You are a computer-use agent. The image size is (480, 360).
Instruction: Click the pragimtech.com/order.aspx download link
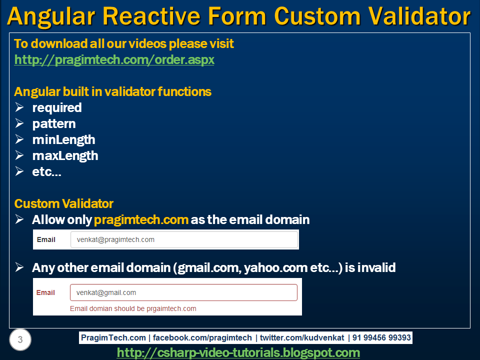(x=114, y=59)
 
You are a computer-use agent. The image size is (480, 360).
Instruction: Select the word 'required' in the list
(x=57, y=108)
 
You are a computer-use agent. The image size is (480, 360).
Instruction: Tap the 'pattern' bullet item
(x=54, y=124)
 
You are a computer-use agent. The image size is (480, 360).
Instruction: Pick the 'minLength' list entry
(x=63, y=140)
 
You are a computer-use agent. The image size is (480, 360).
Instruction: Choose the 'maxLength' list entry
(x=65, y=156)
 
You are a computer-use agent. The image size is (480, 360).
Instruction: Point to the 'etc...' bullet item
(x=47, y=171)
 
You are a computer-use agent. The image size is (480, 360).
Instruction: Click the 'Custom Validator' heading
(x=63, y=203)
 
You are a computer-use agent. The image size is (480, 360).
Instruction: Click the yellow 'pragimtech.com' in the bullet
(x=141, y=220)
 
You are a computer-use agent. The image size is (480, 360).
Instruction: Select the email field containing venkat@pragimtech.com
(x=184, y=239)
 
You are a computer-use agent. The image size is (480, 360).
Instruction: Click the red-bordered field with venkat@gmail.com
(x=183, y=292)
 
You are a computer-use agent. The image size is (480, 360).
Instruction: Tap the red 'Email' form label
(x=45, y=292)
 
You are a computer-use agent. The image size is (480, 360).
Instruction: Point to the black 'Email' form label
(x=46, y=239)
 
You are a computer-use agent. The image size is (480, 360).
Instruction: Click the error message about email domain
(x=133, y=308)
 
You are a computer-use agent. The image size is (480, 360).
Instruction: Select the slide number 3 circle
(x=20, y=339)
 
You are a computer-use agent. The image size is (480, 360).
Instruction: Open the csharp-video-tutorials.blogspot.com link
(x=238, y=352)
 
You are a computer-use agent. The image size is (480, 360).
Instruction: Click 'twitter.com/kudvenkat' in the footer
(x=302, y=337)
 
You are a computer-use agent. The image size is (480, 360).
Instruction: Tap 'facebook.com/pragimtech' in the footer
(x=202, y=337)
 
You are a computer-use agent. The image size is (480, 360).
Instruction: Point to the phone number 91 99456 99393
(x=381, y=337)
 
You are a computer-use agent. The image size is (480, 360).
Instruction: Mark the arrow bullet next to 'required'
(x=19, y=107)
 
